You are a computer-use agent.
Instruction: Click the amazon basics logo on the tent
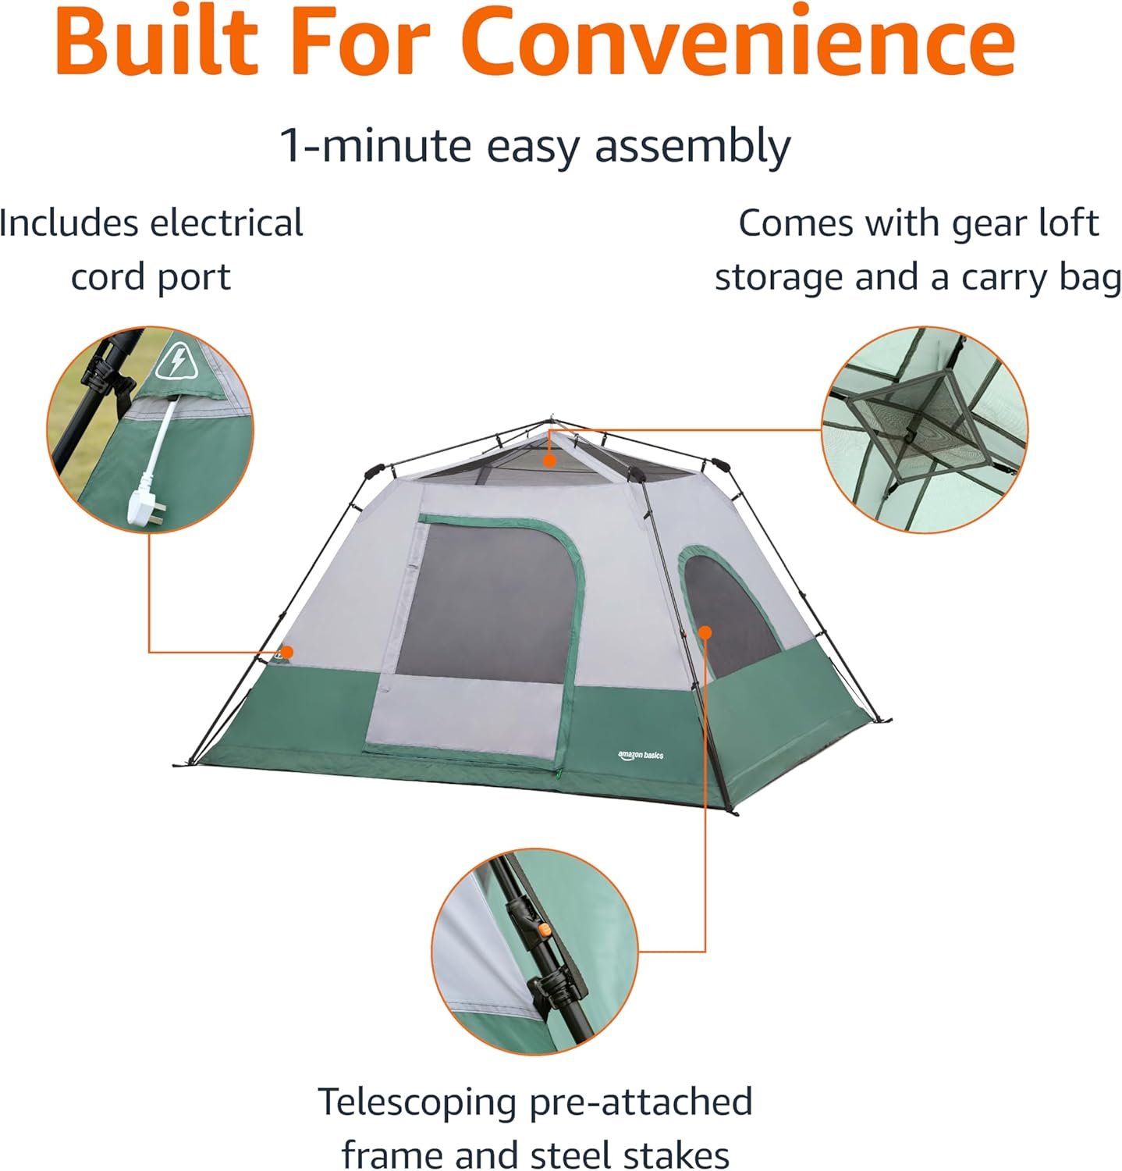click(x=641, y=755)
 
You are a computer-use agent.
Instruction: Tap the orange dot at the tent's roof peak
click(x=550, y=461)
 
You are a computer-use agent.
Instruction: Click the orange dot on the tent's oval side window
click(x=705, y=632)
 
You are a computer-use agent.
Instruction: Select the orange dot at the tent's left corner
click(x=287, y=652)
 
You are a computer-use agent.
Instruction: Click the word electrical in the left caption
click(x=227, y=223)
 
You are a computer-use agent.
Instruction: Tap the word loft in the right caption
click(x=1069, y=223)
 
